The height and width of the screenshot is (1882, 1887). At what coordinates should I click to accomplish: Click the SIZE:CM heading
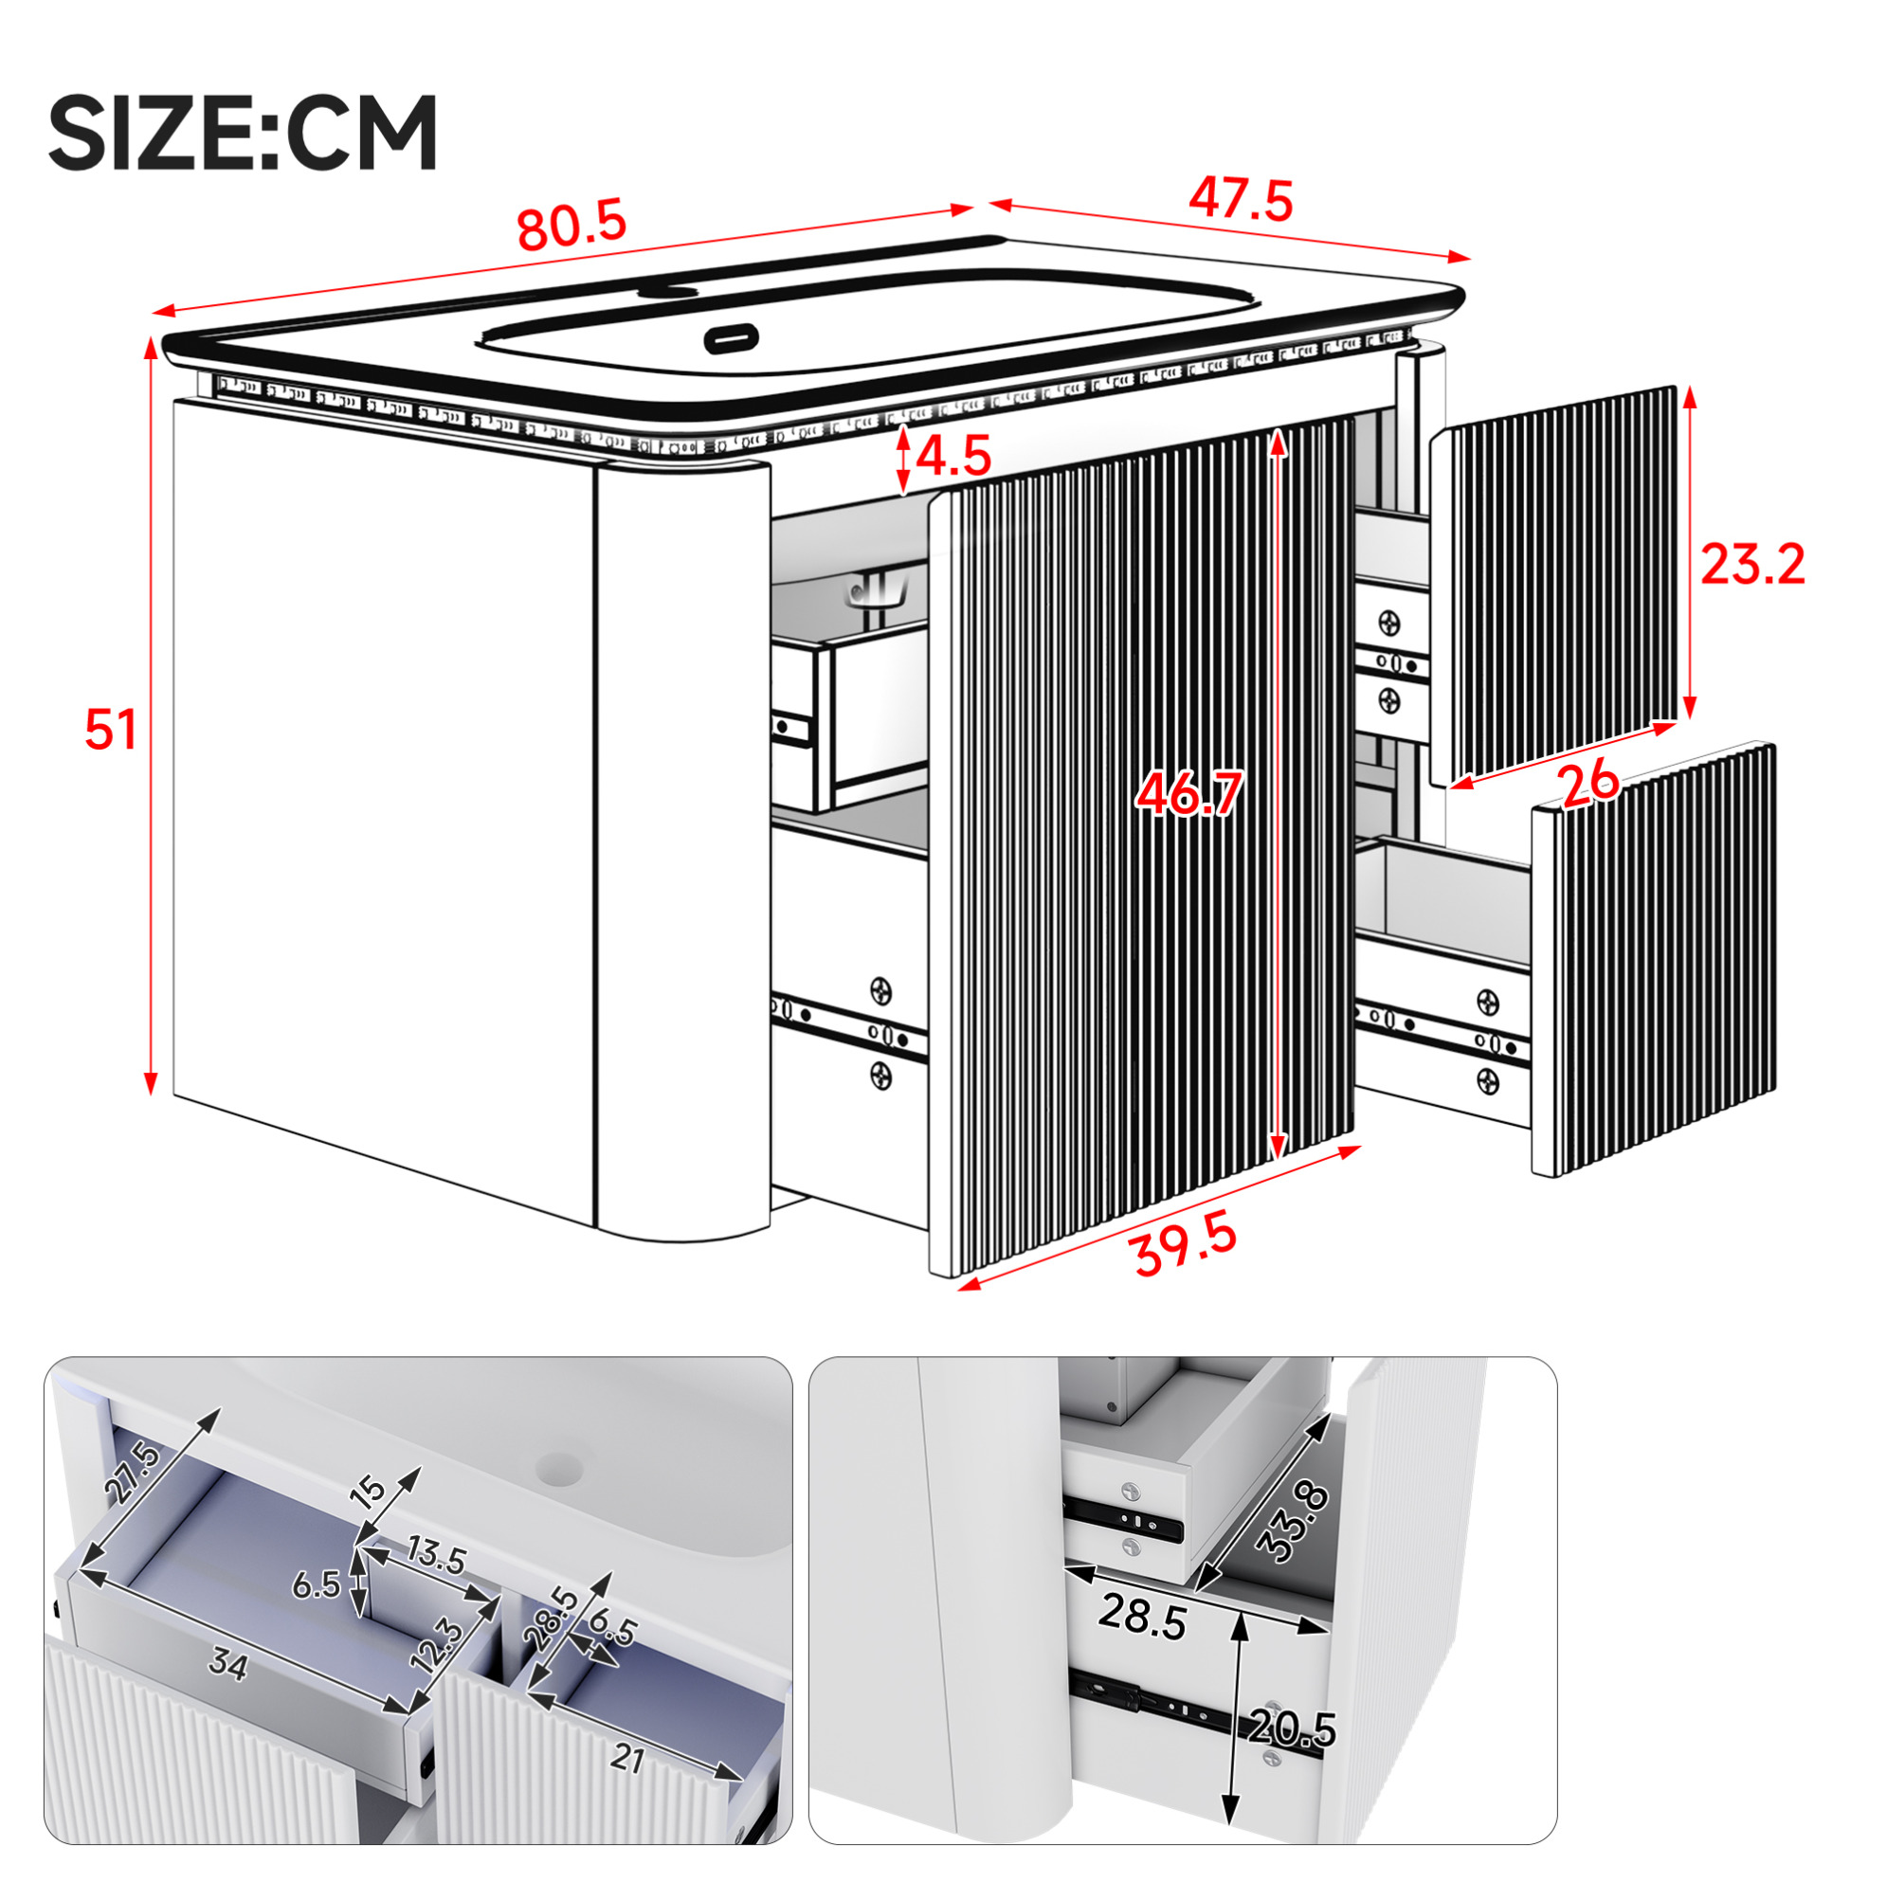click(x=243, y=133)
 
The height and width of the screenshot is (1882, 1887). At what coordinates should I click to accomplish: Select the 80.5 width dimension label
click(x=572, y=226)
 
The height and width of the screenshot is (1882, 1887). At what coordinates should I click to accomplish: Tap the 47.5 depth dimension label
click(x=1241, y=199)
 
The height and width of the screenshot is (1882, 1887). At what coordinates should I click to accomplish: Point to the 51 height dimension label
click(x=110, y=730)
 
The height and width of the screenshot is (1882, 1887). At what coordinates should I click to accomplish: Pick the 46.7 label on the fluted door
click(x=1188, y=792)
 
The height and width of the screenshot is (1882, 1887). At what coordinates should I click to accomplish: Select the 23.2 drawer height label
click(x=1753, y=564)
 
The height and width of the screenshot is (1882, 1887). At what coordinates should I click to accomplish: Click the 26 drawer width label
click(x=1589, y=785)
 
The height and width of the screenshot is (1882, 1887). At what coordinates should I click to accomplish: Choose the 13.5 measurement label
click(x=436, y=1554)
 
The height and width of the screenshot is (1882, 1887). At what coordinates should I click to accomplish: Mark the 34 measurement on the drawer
click(x=227, y=1665)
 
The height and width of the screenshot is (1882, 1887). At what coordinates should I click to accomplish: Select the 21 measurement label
click(x=627, y=1759)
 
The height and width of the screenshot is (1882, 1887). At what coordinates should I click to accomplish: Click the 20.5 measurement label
click(x=1292, y=1728)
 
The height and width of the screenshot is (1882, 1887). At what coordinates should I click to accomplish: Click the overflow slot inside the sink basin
click(x=731, y=338)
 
